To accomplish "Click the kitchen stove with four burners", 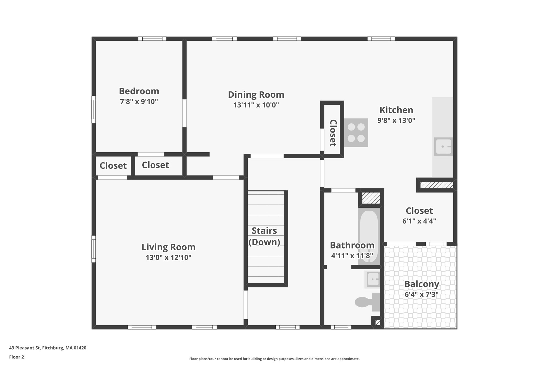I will [x=356, y=133].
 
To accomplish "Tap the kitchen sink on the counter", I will [x=443, y=146].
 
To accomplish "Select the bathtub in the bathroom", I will [x=369, y=236].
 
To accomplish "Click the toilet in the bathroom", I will [x=367, y=302].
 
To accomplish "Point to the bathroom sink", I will [x=373, y=279].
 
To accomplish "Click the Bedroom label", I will [x=139, y=91].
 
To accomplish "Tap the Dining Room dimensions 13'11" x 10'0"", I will [x=256, y=105].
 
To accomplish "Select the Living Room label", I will [x=168, y=247].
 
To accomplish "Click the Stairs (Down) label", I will [x=264, y=236].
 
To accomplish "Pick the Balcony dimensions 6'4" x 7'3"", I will [x=421, y=294].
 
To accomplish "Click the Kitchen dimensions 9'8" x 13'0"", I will [x=396, y=120].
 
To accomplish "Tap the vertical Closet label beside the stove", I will [x=333, y=133].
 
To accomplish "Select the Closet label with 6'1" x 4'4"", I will [x=419, y=211].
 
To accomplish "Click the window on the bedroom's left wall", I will [x=94, y=109].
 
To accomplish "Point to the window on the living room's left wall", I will [x=94, y=249].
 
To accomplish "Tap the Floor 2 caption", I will [x=17, y=357].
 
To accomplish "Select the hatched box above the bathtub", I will [x=371, y=198].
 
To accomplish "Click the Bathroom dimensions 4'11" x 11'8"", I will [x=352, y=256].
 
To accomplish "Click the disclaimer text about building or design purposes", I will [x=274, y=359].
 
